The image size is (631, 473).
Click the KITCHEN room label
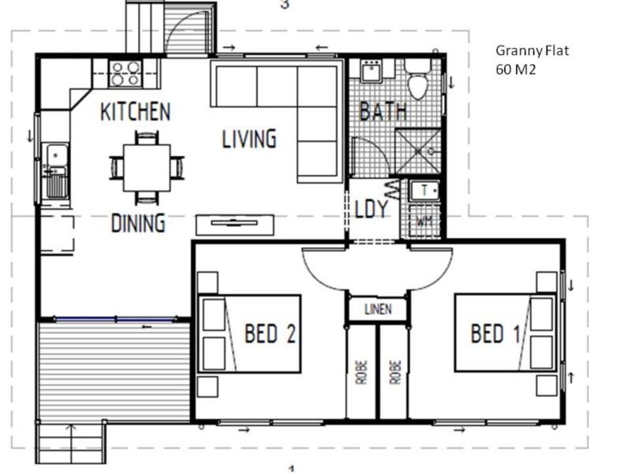135,112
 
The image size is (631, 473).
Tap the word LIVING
249,139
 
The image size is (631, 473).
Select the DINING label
138,223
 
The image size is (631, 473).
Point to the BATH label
383,111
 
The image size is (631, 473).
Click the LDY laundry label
372,209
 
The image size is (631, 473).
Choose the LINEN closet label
379,309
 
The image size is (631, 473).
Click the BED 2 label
270,333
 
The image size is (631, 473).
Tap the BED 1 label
495,333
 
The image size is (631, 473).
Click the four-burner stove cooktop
125,73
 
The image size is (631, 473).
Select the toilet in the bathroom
417,80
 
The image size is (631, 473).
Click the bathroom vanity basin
371,71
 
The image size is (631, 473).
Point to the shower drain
431,151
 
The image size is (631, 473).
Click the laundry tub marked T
424,191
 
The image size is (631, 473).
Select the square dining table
147,168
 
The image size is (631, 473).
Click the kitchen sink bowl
57,155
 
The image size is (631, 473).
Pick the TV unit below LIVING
235,225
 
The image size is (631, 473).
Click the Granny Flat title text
532,50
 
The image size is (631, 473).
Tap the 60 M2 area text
516,69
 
